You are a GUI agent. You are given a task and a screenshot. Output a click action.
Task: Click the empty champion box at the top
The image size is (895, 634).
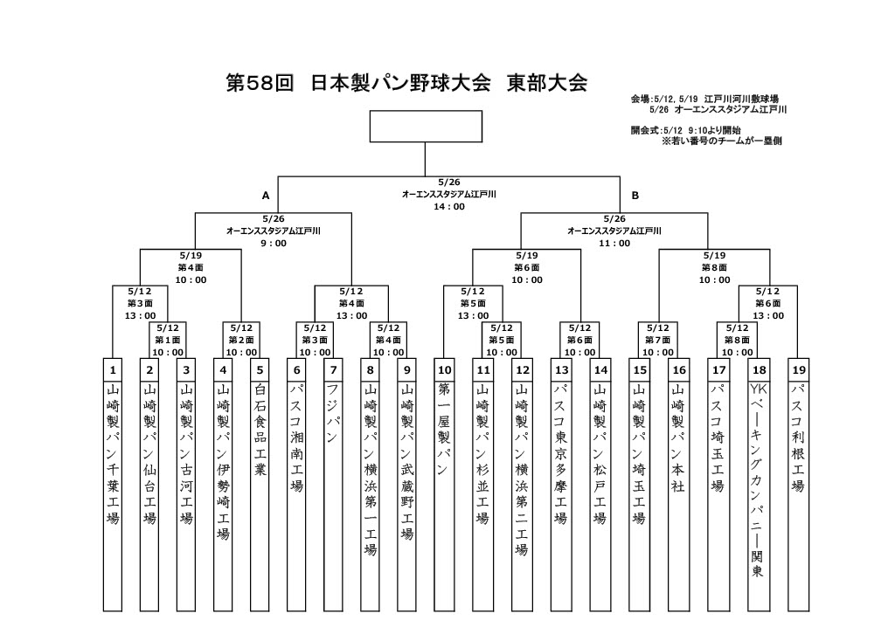[x=425, y=126]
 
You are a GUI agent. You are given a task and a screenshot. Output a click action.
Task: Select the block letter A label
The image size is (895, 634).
[x=266, y=195]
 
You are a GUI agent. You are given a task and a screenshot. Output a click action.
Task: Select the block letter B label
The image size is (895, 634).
[x=635, y=195]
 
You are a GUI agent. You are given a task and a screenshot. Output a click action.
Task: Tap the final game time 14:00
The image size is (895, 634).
[x=448, y=207]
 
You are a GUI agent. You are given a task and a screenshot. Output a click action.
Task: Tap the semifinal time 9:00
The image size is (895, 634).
[x=274, y=244]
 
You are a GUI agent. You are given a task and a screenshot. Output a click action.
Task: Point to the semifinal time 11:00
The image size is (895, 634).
[x=614, y=244]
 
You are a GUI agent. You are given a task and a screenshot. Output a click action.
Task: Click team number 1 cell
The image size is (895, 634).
[x=112, y=369]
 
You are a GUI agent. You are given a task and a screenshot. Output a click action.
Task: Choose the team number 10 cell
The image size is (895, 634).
[x=444, y=369]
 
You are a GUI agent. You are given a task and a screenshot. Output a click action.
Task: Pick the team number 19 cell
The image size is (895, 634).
[x=797, y=369]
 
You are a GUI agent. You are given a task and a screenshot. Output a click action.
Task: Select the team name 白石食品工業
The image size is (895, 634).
[x=260, y=435]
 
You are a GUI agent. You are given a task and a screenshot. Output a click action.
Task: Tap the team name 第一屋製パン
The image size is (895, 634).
[x=444, y=429]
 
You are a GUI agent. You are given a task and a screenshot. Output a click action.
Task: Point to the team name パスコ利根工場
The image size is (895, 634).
[x=797, y=438]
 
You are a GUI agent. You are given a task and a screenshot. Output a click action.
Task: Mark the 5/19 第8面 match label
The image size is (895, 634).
[x=714, y=267]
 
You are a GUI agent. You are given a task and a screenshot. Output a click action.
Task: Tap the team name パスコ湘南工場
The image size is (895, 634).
[x=296, y=438]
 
